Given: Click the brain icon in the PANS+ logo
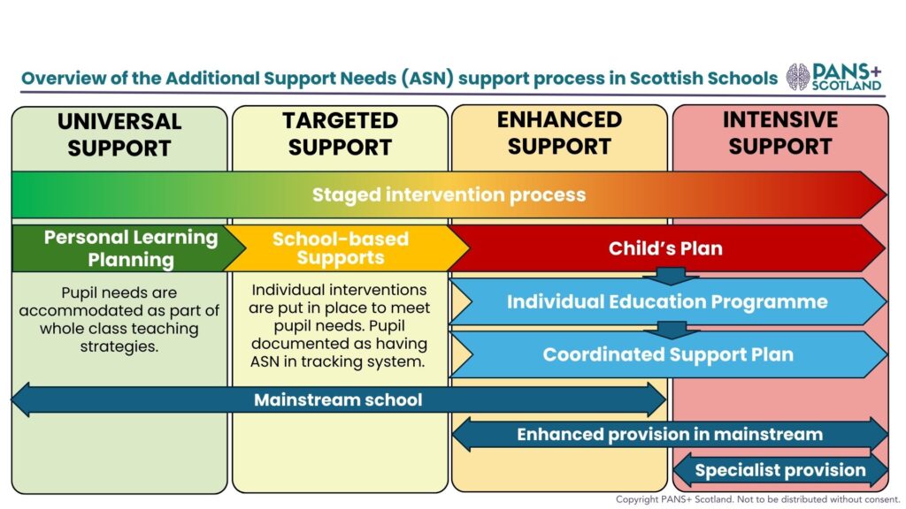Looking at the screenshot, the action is point(797,77).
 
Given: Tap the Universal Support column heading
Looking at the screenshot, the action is point(119,134).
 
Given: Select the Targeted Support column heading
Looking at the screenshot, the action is point(341,133).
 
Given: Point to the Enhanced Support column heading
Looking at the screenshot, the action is point(559,133).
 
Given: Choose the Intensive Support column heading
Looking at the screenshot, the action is point(780,133).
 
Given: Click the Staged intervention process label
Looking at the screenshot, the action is point(449,194).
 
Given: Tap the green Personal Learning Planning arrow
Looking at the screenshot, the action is point(128,248).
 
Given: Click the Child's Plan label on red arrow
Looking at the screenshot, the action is point(665,248).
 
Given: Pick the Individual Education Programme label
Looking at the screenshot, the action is point(667,301).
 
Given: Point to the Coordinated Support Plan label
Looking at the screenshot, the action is point(668,354).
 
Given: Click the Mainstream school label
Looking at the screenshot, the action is point(338,399).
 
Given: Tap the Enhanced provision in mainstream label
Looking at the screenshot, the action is point(670,434).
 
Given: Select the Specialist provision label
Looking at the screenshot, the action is point(780,470).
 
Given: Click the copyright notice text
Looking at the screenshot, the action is point(757,499).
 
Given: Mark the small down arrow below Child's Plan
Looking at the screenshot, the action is point(671,277).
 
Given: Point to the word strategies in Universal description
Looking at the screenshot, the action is point(119,346).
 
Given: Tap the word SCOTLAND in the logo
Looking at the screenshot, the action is point(847,86).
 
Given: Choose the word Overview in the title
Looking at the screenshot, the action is point(63,78).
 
